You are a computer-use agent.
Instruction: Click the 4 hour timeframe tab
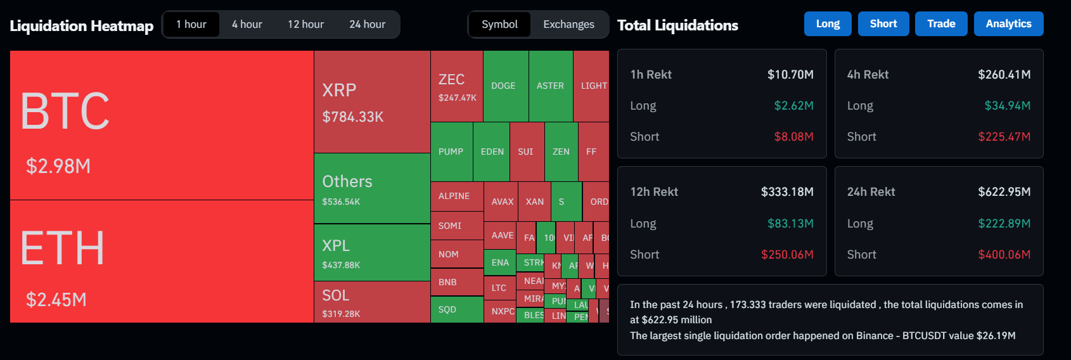point(247,25)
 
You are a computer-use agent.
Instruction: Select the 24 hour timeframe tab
point(367,25)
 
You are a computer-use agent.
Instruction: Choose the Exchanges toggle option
point(568,25)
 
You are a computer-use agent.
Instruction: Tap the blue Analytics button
point(1008,24)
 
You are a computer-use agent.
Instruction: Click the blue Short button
point(883,24)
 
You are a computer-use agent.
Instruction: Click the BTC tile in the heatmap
point(162,125)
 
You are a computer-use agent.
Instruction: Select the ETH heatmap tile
point(162,261)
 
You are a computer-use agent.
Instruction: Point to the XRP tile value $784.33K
point(353,117)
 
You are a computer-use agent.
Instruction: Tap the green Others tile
point(372,188)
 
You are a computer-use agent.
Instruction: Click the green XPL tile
point(372,252)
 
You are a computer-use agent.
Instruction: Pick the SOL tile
point(372,302)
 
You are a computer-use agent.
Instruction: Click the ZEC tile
point(456,86)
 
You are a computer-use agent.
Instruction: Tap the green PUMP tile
point(451,151)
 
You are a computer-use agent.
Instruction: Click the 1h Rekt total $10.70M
point(790,75)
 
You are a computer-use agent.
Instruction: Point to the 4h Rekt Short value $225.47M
point(1004,137)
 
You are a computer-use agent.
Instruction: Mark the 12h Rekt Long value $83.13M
point(790,224)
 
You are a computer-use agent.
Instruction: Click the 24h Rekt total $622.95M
point(1004,192)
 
